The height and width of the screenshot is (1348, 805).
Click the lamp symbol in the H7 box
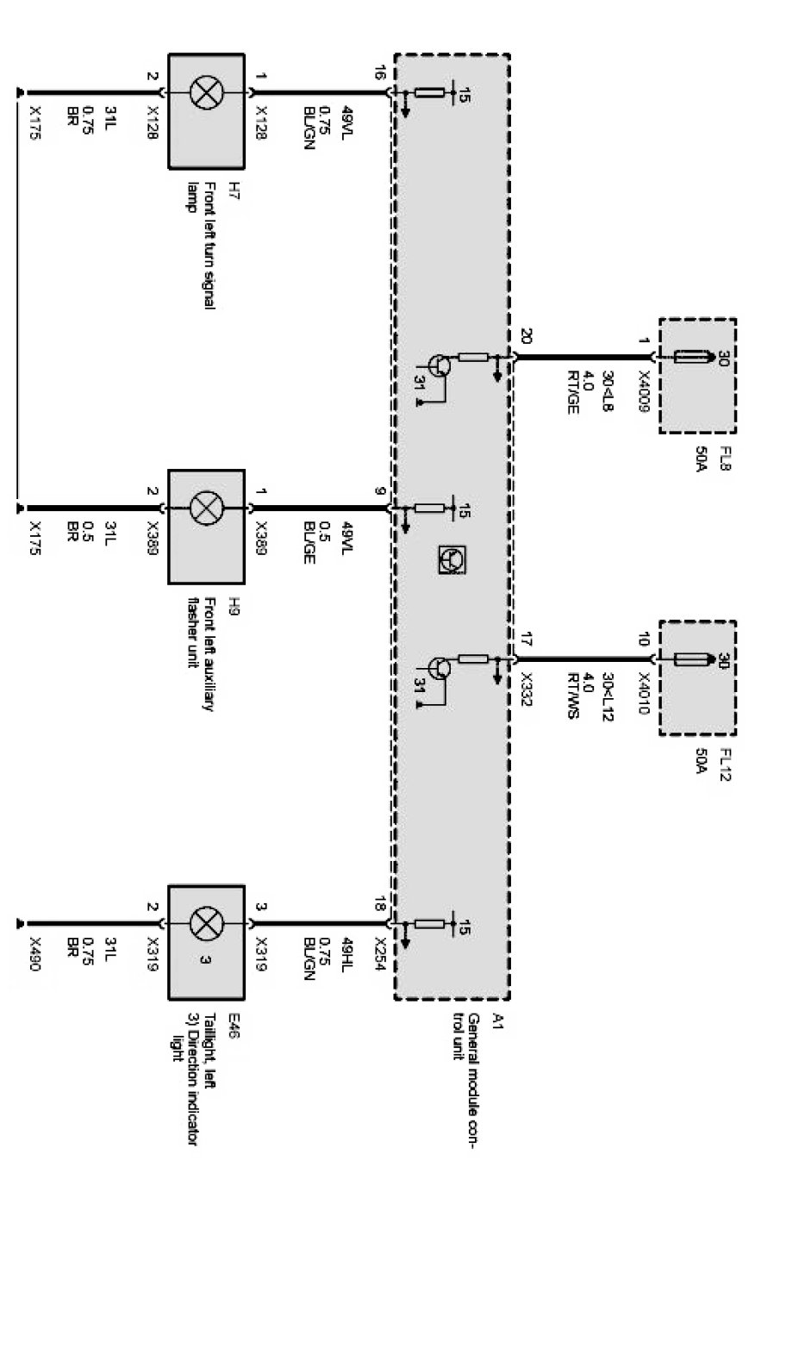[206, 93]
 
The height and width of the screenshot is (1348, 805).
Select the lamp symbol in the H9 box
[206, 509]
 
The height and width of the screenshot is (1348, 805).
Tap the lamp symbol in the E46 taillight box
[205, 924]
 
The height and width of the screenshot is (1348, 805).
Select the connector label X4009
[643, 392]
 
